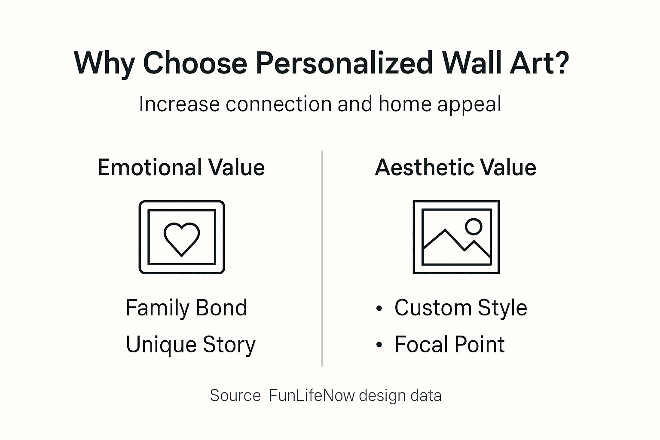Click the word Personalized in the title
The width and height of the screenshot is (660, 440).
pyautogui.click(x=344, y=63)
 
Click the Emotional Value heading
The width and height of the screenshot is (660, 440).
pyautogui.click(x=181, y=168)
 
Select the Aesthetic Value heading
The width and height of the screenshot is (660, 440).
pyautogui.click(x=455, y=168)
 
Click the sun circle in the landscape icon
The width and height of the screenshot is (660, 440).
pyautogui.click(x=474, y=226)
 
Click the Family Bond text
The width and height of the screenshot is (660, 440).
pyautogui.click(x=186, y=308)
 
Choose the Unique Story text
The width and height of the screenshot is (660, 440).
pyautogui.click(x=190, y=345)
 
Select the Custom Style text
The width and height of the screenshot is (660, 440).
pyautogui.click(x=461, y=308)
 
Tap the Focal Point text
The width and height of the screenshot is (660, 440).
pyautogui.click(x=449, y=345)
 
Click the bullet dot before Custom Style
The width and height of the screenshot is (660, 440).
pyautogui.click(x=379, y=309)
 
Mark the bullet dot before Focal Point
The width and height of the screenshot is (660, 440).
pyautogui.click(x=379, y=345)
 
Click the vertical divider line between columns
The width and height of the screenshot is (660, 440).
pyautogui.click(x=322, y=258)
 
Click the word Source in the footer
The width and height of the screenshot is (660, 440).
pyautogui.click(x=235, y=395)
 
